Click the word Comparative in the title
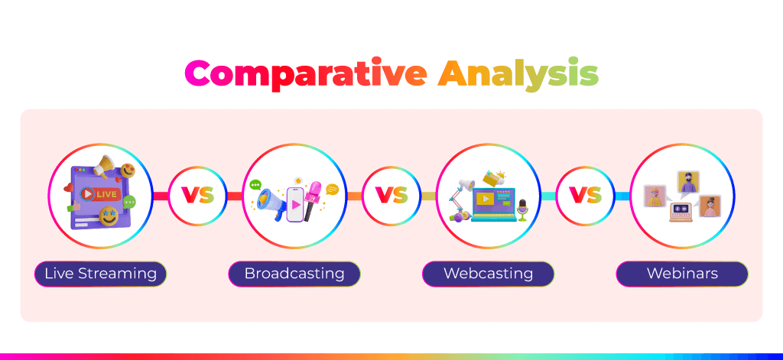pos(306,74)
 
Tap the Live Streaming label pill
pos(100,274)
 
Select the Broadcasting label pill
pos(294,274)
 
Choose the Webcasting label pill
pos(488,274)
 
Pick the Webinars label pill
pos(682,274)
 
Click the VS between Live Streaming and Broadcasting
pos(197,196)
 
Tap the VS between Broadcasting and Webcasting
pos(391,196)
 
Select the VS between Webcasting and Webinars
pos(585,196)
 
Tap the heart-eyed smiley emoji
pos(128,170)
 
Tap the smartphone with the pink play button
pos(295,204)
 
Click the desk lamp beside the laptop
pos(460,198)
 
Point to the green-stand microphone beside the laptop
pos(522,210)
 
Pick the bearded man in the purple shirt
pos(688,181)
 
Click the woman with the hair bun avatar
pos(710,206)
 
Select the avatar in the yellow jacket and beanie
pos(655,196)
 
